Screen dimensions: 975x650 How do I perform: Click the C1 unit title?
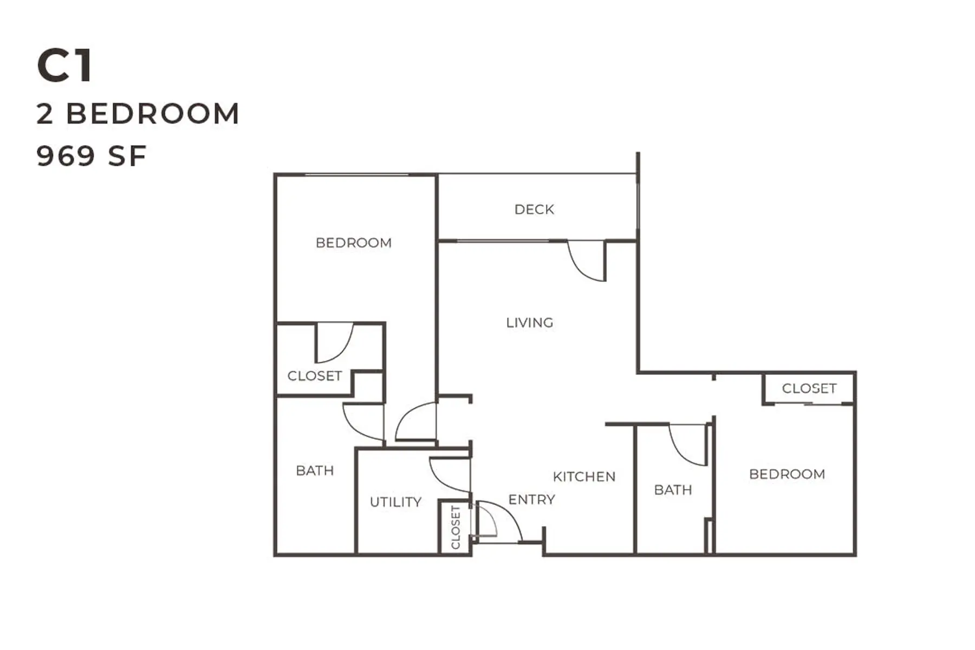click(x=64, y=66)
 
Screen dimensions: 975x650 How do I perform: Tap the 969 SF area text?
click(x=92, y=156)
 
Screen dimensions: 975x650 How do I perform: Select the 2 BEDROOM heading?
click(x=138, y=114)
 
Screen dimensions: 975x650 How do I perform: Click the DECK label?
click(x=534, y=210)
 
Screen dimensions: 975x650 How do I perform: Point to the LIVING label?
click(x=530, y=323)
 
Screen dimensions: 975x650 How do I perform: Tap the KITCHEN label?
click(x=584, y=477)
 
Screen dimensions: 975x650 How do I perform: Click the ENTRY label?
click(x=532, y=499)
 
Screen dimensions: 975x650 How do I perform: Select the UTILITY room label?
click(x=395, y=502)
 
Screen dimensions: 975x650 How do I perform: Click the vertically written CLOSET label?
click(x=456, y=527)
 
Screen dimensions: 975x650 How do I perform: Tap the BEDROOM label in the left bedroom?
click(x=354, y=243)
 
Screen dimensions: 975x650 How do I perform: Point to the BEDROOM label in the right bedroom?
click(x=787, y=474)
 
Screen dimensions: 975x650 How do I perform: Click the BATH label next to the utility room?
click(x=315, y=470)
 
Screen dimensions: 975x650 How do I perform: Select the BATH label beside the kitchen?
click(x=673, y=490)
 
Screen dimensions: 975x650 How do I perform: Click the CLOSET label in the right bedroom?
click(x=809, y=388)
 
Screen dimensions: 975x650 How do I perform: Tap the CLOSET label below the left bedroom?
click(x=315, y=376)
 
